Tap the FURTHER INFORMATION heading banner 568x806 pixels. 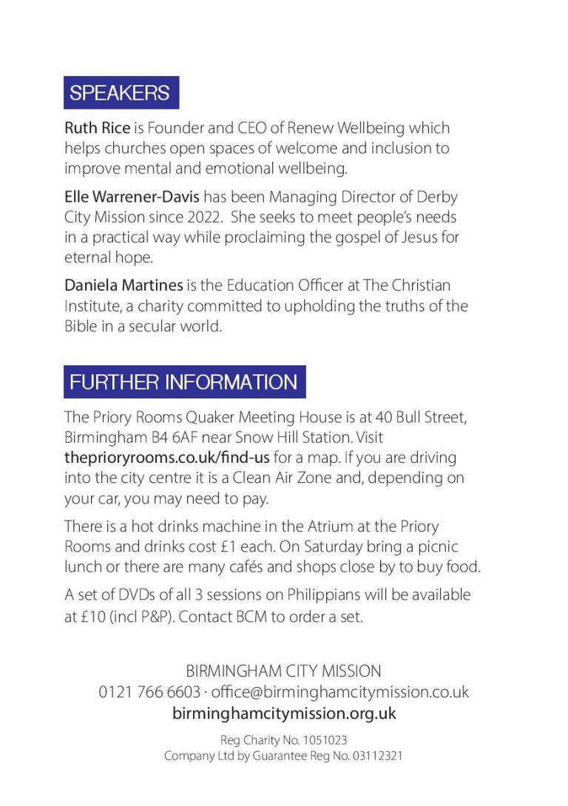(x=184, y=382)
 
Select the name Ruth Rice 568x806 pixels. (x=97, y=129)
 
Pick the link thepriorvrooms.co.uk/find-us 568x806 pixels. (x=166, y=457)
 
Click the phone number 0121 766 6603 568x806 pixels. (x=149, y=693)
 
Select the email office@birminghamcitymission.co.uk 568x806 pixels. (x=341, y=693)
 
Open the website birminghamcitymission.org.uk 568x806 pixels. (x=284, y=714)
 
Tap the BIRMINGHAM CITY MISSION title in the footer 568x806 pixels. (x=284, y=671)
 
